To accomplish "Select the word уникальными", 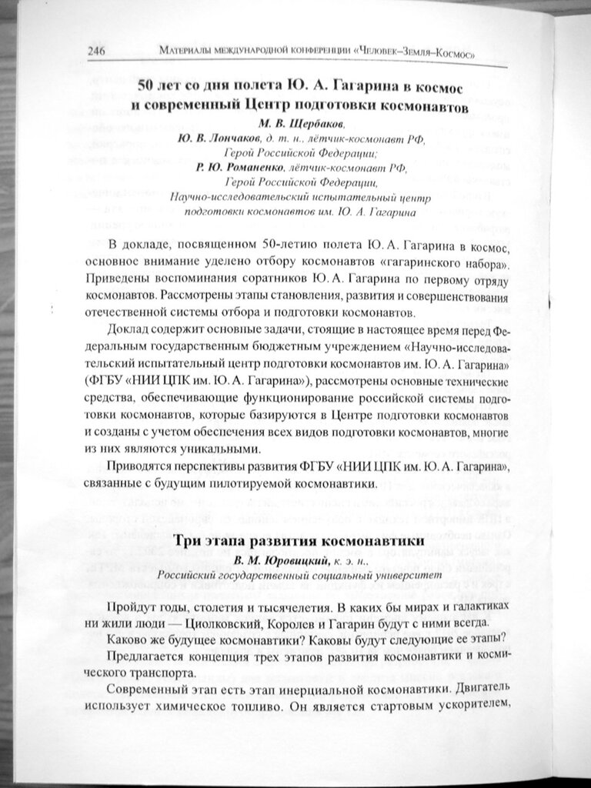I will click(222, 448).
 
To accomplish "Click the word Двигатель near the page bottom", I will click(480, 687).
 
